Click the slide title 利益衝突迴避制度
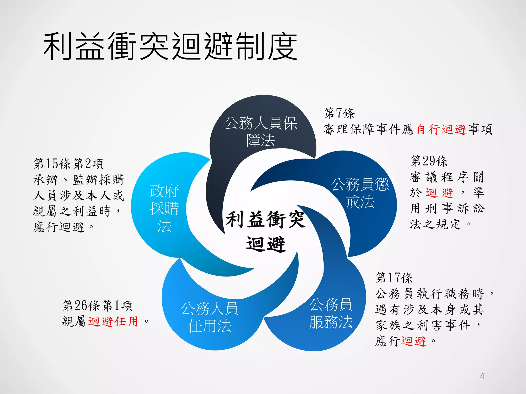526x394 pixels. click(x=170, y=46)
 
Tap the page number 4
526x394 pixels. click(x=482, y=376)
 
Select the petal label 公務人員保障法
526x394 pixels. click(x=261, y=132)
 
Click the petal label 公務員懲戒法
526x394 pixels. click(x=360, y=193)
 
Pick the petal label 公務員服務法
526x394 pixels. click(x=331, y=313)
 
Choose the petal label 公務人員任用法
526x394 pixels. click(x=210, y=317)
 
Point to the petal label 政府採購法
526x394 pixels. click(x=164, y=208)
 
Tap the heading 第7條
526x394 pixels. click(x=339, y=113)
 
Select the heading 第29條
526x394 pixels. click(x=429, y=161)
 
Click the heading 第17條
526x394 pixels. click(x=394, y=278)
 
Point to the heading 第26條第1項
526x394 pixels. click(x=98, y=306)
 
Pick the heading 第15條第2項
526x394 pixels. click(x=69, y=164)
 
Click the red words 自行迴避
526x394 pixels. click(x=441, y=129)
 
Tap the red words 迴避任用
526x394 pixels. click(x=113, y=321)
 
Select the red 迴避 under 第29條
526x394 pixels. click(x=439, y=193)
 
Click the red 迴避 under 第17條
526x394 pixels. click(x=414, y=341)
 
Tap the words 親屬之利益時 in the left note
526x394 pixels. click(x=72, y=211)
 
